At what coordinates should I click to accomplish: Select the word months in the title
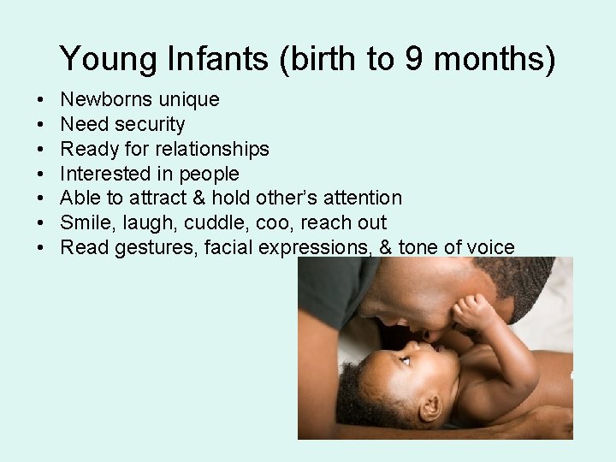(494, 59)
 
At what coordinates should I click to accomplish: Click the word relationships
(213, 149)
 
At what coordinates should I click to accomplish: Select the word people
(209, 174)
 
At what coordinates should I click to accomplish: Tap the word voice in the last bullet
(488, 248)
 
